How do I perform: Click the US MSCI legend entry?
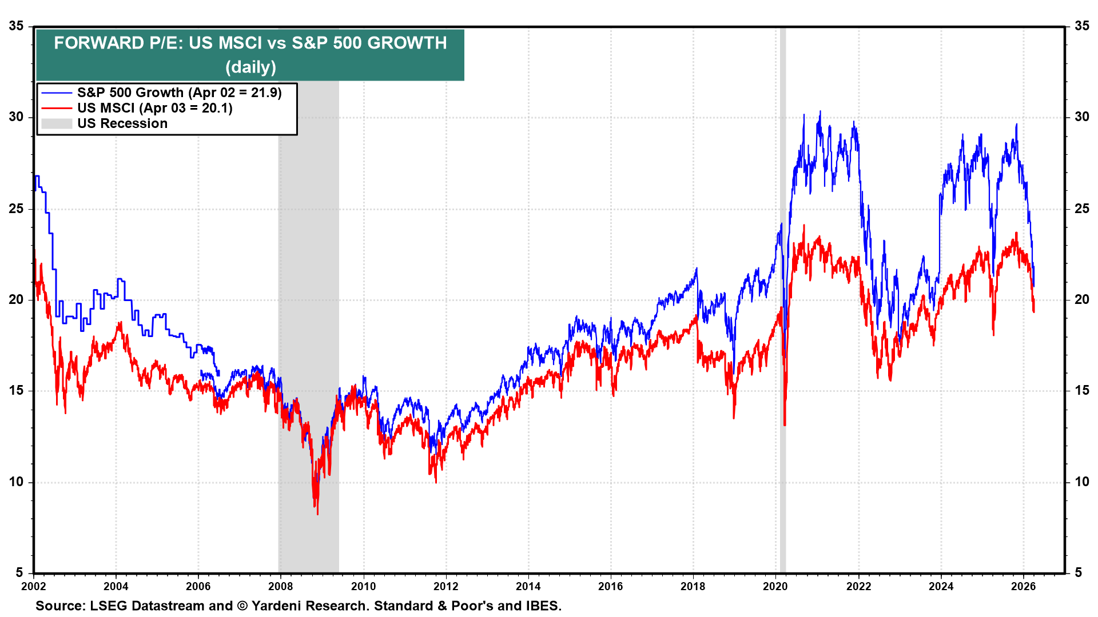coord(154,108)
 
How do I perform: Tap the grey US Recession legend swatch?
coord(57,123)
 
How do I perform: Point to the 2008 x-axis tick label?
coord(281,586)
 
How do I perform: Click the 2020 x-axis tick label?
coord(775,586)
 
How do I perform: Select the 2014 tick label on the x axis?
coord(528,586)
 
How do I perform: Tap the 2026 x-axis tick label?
coord(1023,586)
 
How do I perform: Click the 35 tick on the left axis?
coord(16,26)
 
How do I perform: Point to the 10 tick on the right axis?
coord(1081,482)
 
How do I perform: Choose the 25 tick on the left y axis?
coord(16,209)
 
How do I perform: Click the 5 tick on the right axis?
coord(1078,572)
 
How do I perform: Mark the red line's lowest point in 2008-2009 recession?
coord(317,514)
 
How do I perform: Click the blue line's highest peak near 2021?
coord(820,112)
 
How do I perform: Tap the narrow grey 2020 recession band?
coord(783,343)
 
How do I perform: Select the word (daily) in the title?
coord(250,67)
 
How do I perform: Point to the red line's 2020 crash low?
coord(785,424)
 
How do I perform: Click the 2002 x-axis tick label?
coord(33,586)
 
